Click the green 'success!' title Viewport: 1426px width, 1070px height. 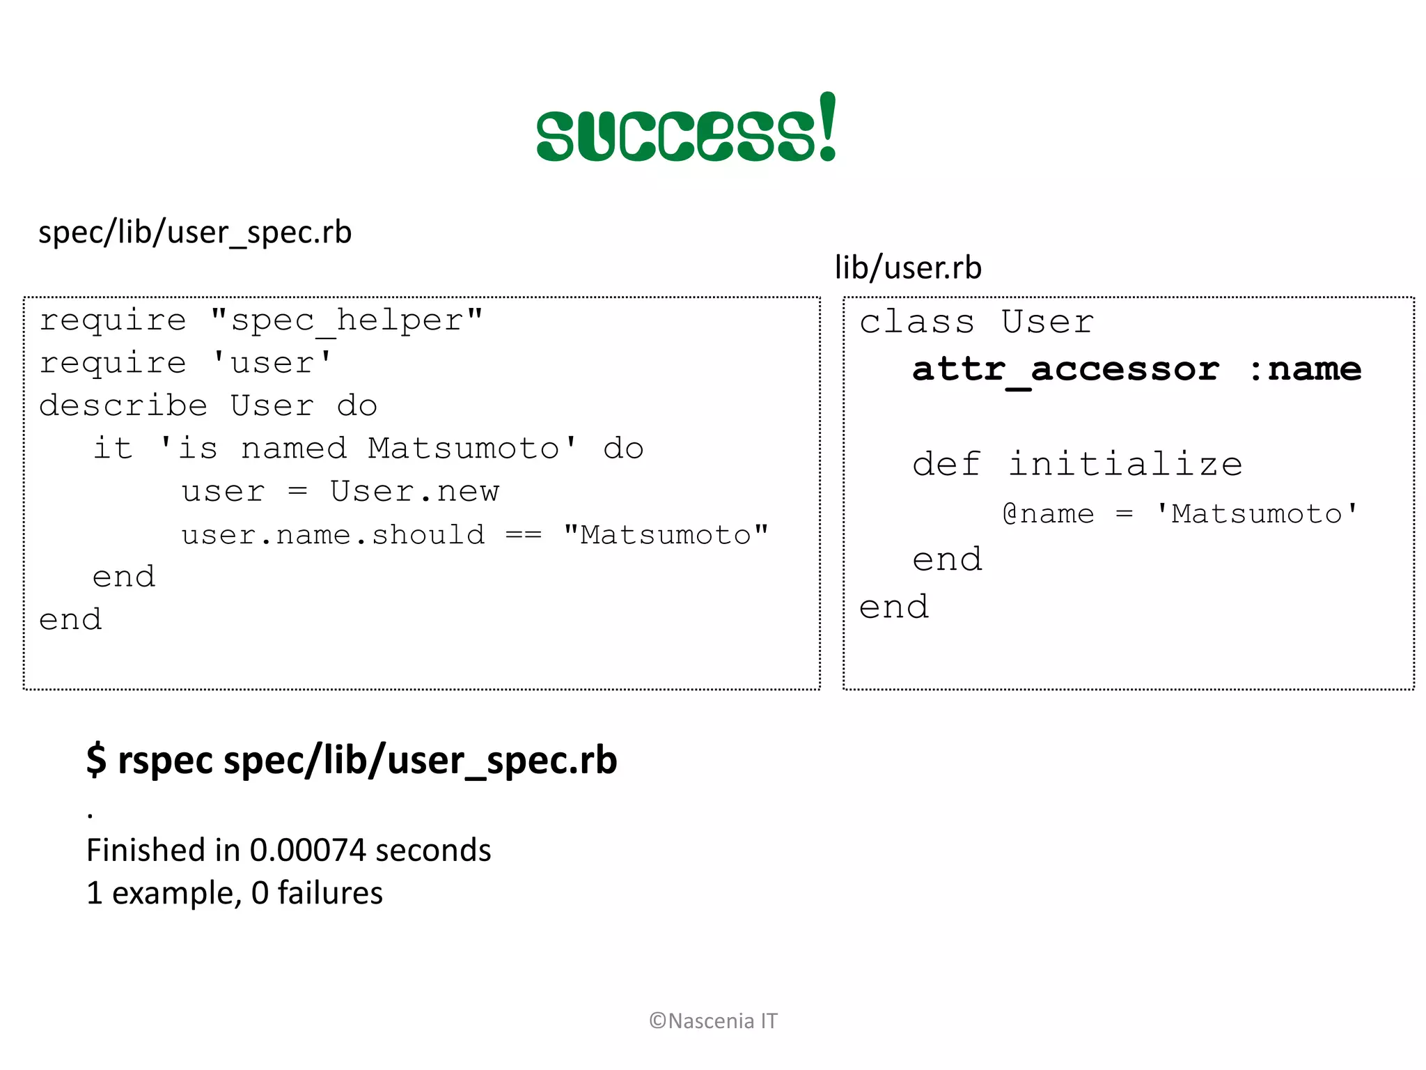[686, 130]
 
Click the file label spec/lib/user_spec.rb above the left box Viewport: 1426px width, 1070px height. [195, 233]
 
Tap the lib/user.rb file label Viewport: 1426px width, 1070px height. [908, 268]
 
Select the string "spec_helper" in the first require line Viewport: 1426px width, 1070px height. [347, 321]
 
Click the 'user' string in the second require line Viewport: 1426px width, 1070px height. [272, 364]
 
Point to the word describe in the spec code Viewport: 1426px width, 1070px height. [123, 406]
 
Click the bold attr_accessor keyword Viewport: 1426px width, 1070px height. [1065, 370]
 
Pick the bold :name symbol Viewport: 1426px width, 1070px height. [1304, 370]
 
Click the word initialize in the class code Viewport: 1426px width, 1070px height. [1125, 465]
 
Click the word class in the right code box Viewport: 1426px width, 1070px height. [916, 323]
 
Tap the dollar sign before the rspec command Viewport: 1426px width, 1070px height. [96, 759]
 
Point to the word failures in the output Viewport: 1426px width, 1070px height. [330, 893]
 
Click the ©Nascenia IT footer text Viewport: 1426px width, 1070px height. [713, 1021]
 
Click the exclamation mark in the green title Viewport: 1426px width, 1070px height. [828, 126]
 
